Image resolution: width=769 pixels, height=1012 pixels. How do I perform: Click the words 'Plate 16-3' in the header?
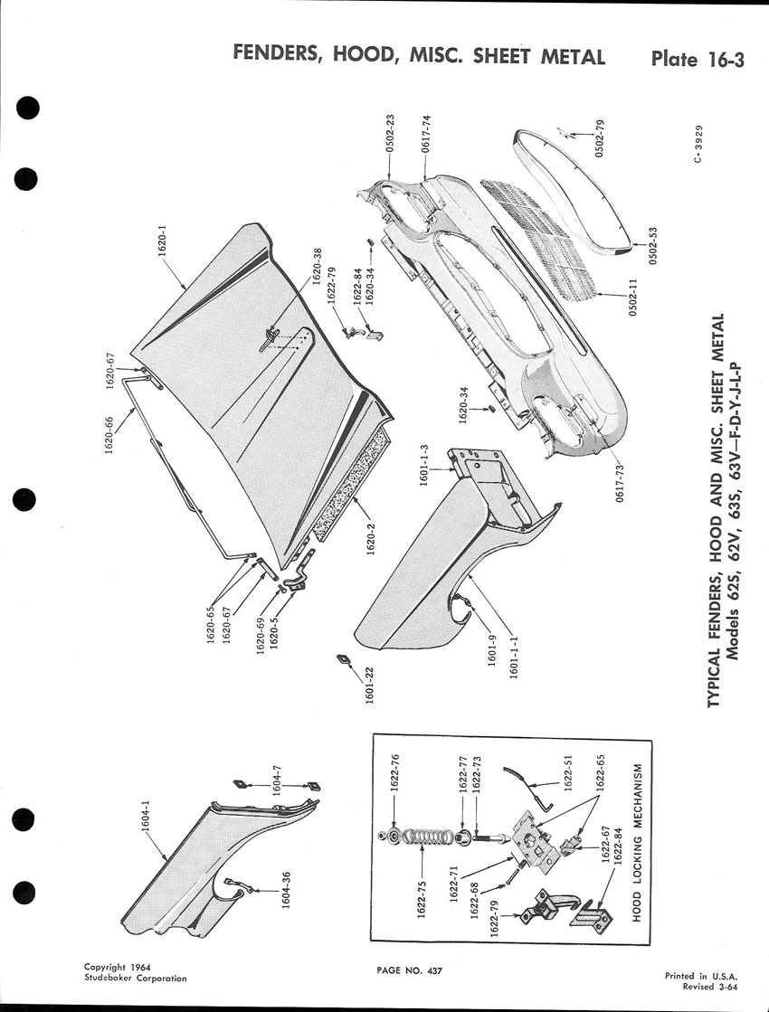point(698,60)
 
